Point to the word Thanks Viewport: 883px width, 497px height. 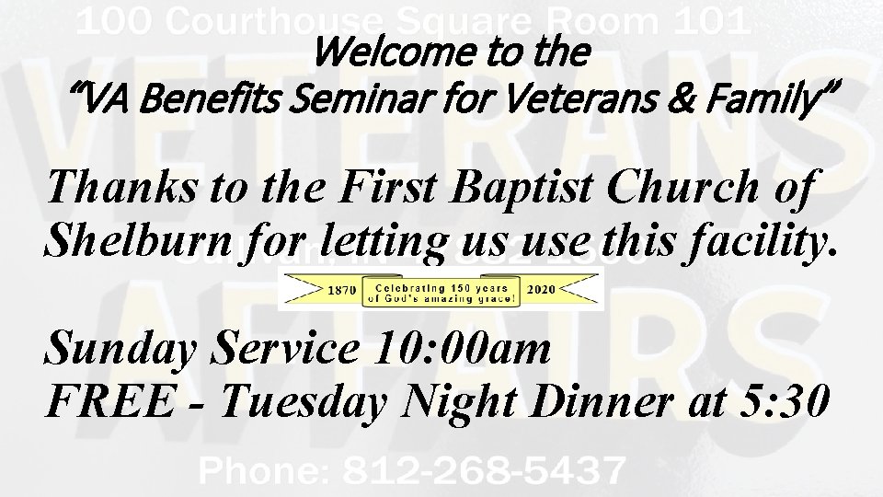(122, 190)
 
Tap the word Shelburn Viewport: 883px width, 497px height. (139, 240)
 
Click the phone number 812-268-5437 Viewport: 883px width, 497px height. (484, 472)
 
